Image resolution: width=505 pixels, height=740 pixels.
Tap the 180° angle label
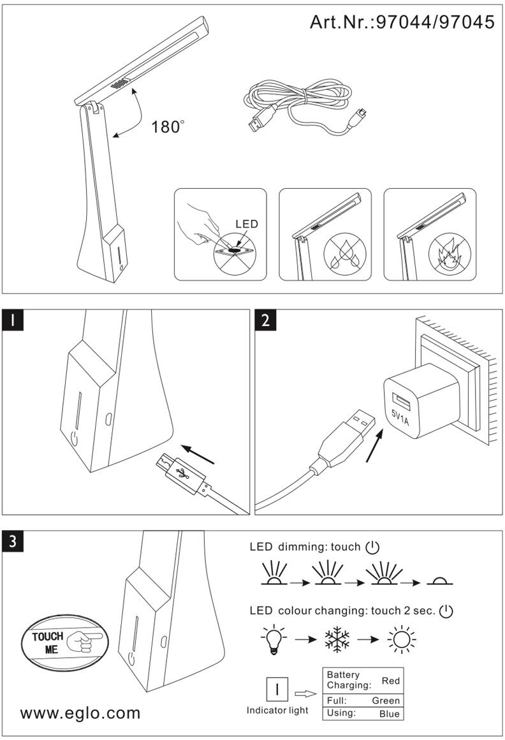tap(168, 126)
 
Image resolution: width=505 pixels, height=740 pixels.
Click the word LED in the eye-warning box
tap(247, 224)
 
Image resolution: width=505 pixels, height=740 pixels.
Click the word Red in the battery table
tap(390, 681)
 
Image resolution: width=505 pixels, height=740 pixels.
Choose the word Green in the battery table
tap(386, 700)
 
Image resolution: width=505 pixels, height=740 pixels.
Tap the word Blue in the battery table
tap(389, 714)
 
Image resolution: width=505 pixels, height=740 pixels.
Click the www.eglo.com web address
tap(80, 713)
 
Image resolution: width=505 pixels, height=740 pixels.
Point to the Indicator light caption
tap(277, 710)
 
